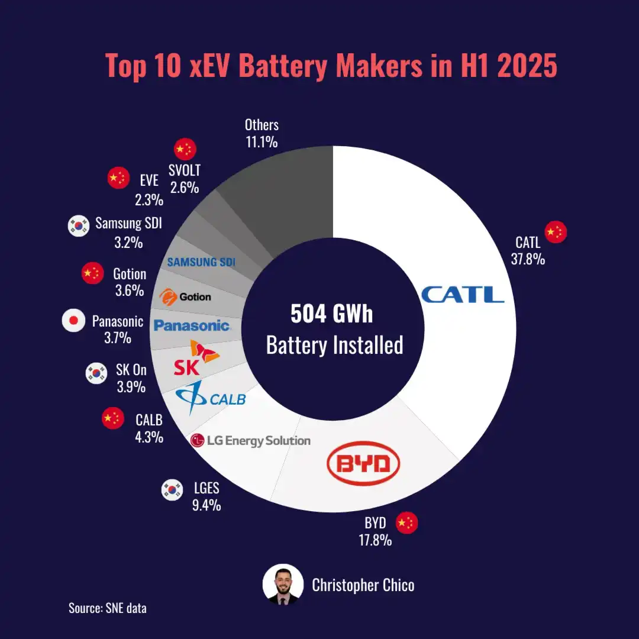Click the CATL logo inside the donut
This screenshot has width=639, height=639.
point(462,294)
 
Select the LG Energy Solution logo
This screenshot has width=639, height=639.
point(250,440)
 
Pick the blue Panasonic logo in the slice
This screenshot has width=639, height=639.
point(191,325)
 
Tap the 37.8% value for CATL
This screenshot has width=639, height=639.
point(528,259)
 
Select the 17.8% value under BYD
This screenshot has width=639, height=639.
point(375,540)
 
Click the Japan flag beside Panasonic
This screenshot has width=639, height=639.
point(73,321)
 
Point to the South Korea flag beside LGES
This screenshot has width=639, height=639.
point(172,489)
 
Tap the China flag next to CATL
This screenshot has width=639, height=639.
point(556,233)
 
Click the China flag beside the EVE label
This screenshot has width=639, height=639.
point(118,177)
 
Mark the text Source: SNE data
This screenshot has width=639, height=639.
point(107,608)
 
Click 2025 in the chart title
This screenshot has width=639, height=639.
point(527,66)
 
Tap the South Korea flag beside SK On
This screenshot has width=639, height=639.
point(96,372)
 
